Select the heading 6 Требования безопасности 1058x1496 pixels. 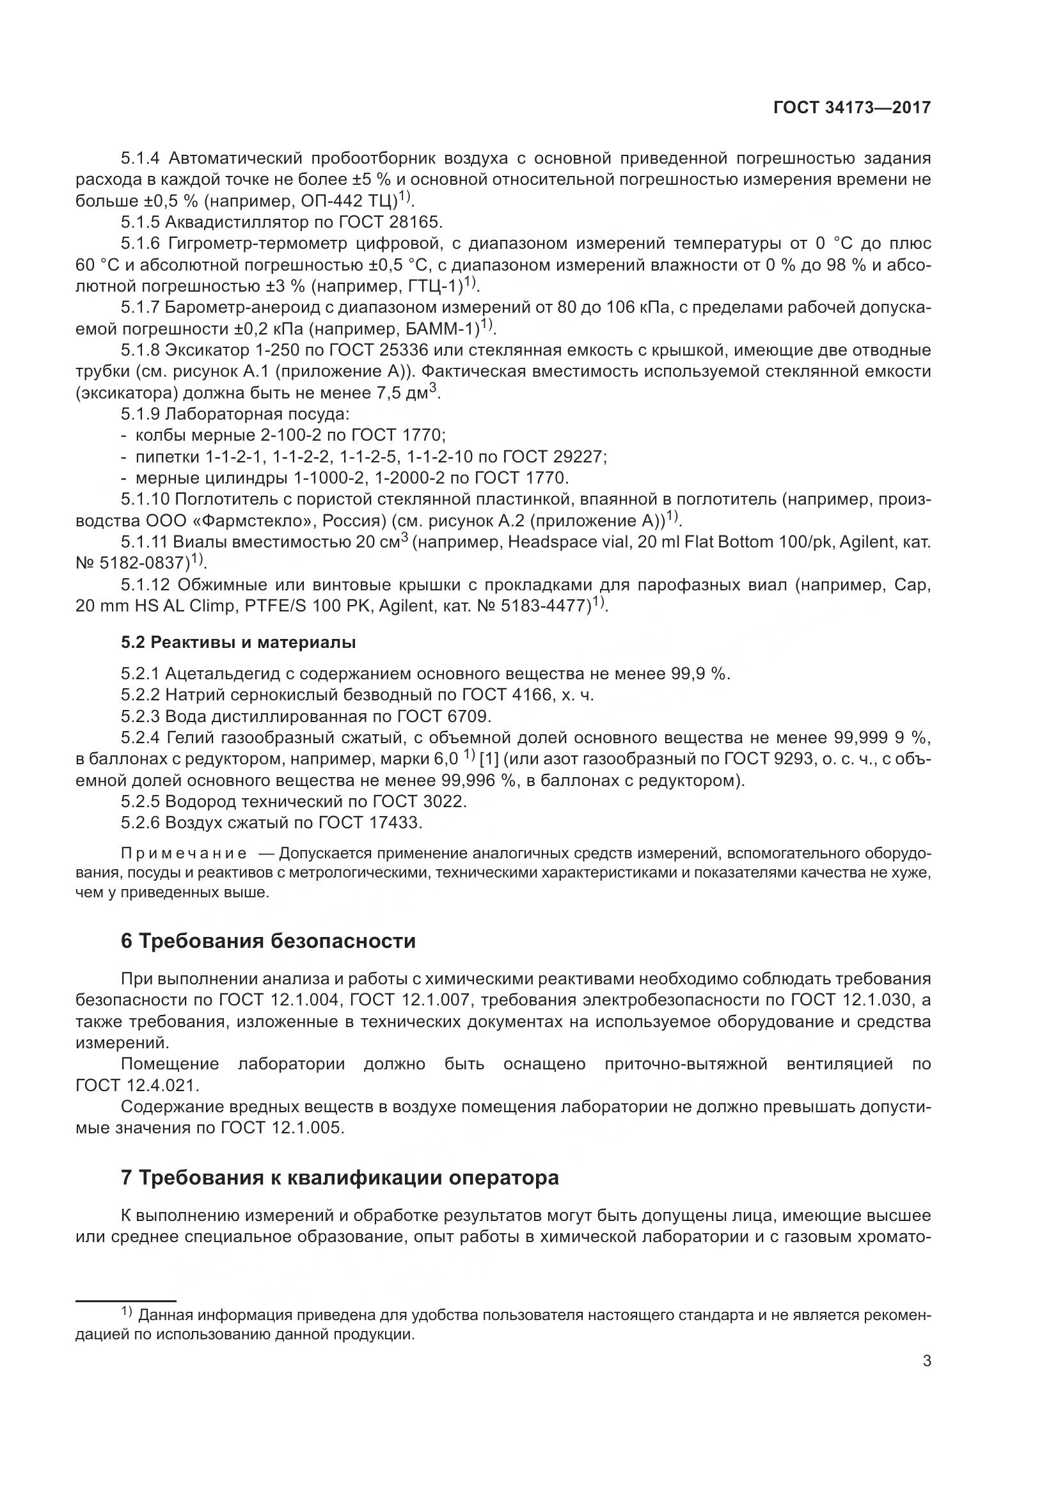[268, 941]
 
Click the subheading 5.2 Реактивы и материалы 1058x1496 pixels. [238, 642]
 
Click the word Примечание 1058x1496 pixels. [184, 854]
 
